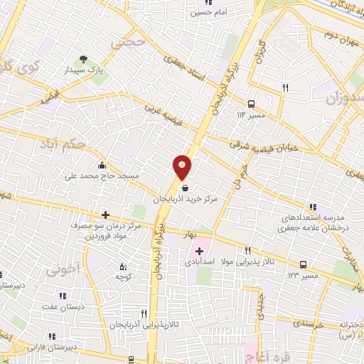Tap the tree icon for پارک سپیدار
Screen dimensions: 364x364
click(x=84, y=60)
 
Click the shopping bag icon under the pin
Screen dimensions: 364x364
click(x=186, y=188)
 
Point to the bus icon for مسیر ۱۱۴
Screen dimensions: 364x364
click(x=251, y=103)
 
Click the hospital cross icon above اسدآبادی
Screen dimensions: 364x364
click(x=200, y=251)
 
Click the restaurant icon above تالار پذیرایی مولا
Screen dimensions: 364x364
click(x=248, y=250)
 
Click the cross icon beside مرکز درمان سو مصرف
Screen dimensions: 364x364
click(x=105, y=214)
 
